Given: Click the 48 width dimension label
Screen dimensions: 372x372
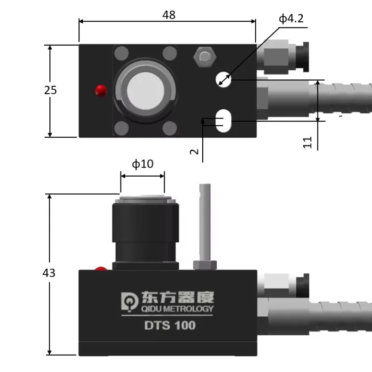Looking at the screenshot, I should [x=169, y=15].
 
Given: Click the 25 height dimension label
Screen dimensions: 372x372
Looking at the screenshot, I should [x=50, y=90].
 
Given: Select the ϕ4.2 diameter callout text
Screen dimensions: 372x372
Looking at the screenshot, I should [x=291, y=19].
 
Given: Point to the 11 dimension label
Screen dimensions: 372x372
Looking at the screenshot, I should [x=307, y=142].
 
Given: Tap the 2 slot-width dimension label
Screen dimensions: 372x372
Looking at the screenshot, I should [x=195, y=151].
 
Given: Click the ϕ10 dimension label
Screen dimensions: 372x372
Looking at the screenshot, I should [x=142, y=164].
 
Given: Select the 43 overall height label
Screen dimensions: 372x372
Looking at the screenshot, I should [x=49, y=273].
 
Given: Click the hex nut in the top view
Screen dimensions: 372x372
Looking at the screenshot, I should [x=204, y=58].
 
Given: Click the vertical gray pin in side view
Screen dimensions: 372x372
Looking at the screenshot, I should [x=205, y=223].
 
